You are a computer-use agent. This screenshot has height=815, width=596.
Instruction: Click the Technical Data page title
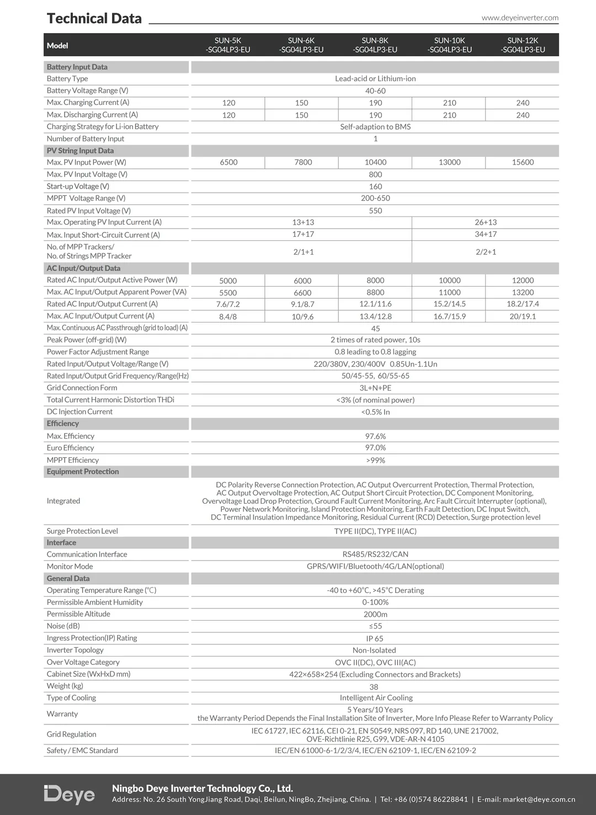[x=94, y=19]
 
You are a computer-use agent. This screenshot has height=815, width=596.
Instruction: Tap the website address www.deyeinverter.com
[x=520, y=18]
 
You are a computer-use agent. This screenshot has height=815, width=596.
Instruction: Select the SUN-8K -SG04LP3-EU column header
[x=375, y=45]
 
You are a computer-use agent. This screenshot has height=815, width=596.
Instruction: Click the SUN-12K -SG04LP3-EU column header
[x=523, y=45]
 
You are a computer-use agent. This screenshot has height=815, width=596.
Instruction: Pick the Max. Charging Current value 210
[x=449, y=103]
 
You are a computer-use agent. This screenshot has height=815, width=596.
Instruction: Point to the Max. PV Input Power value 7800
[x=303, y=162]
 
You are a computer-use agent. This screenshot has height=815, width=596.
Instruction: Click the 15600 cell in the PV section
[x=523, y=162]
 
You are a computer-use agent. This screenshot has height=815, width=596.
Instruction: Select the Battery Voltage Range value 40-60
[x=375, y=91]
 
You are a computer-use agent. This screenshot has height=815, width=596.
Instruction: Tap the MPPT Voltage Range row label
[x=86, y=198]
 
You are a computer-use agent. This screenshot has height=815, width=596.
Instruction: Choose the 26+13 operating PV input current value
[x=486, y=222]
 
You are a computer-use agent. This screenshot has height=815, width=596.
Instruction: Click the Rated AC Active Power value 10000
[x=449, y=281]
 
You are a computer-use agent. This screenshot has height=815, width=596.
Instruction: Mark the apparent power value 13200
[x=523, y=293]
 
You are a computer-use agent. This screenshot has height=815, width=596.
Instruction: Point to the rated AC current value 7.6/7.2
[x=228, y=304]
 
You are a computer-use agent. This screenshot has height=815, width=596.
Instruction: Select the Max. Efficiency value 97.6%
[x=375, y=436]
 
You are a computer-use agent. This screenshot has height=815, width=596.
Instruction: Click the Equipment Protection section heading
[x=83, y=472]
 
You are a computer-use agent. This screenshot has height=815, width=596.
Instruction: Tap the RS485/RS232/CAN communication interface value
[x=375, y=554]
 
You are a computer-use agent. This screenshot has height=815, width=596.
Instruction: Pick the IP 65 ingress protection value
[x=375, y=638]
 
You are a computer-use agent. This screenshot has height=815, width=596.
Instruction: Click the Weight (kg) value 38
[x=374, y=687]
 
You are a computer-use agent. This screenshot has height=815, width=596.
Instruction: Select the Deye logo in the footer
[x=70, y=794]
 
